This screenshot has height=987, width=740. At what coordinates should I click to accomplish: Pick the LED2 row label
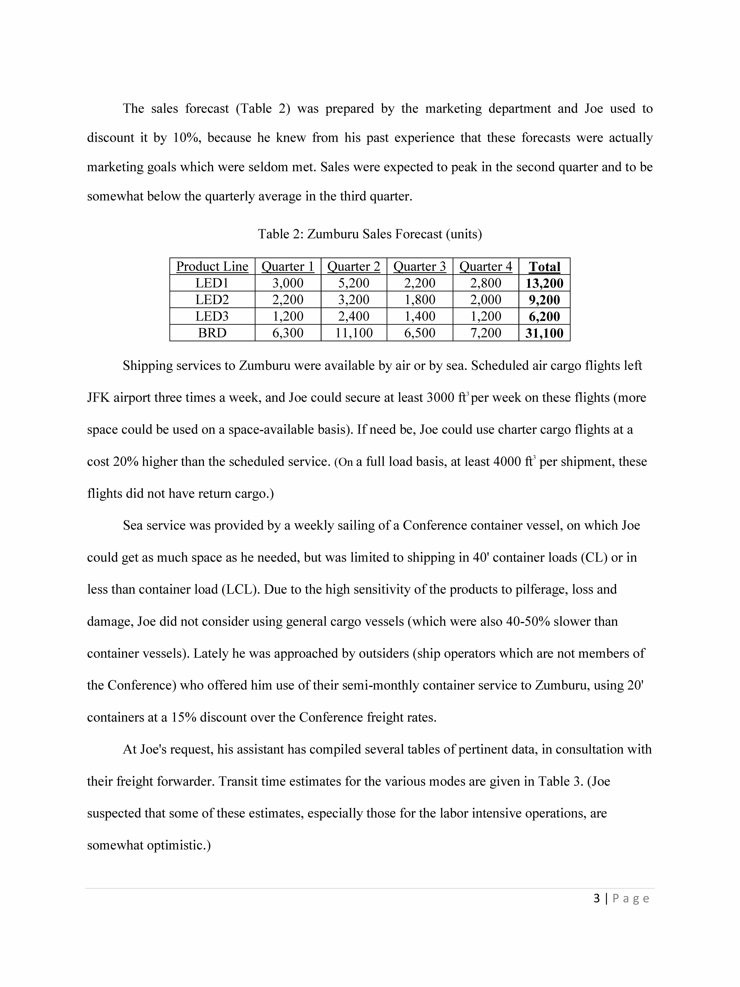click(212, 299)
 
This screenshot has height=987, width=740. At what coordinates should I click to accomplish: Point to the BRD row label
click(212, 333)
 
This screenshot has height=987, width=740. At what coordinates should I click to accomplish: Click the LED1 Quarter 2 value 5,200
click(354, 283)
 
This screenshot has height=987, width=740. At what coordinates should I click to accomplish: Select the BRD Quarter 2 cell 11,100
click(354, 333)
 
